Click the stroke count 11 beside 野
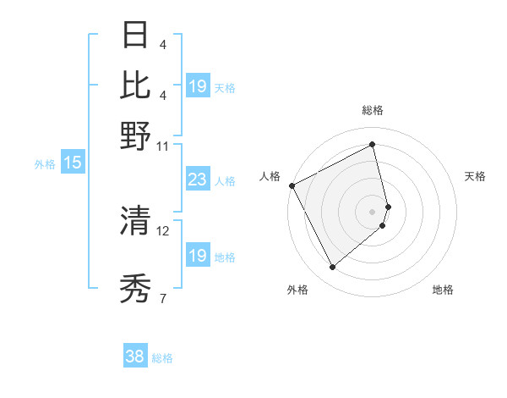(x=163, y=146)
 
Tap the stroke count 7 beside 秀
(x=163, y=298)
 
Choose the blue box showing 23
(x=197, y=180)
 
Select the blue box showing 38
(x=134, y=357)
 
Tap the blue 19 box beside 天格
(x=197, y=86)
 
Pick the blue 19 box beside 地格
(x=197, y=256)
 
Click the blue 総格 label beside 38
(x=162, y=358)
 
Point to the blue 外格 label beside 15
(x=45, y=164)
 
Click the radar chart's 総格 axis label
(x=372, y=111)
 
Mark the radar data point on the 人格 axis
(x=292, y=185)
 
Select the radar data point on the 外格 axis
(x=332, y=268)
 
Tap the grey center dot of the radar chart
(x=373, y=211)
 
